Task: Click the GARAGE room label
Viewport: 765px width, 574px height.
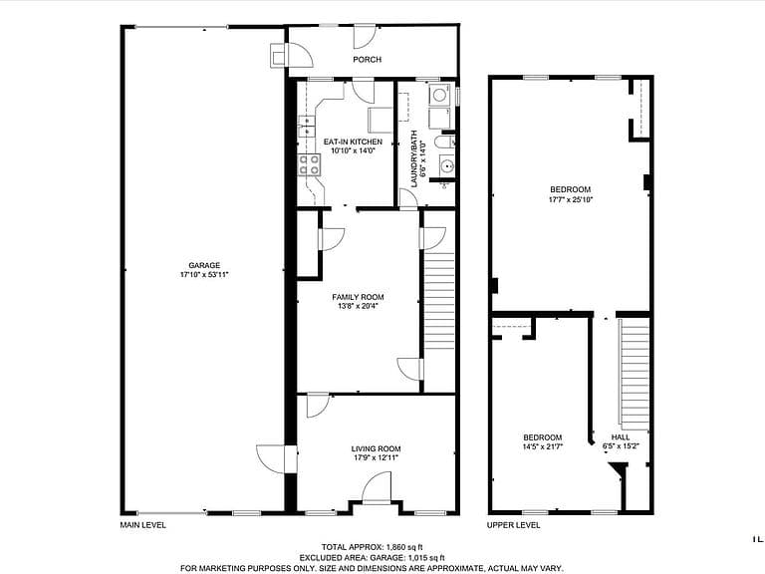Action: [204, 265]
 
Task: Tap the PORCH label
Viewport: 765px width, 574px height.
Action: [367, 60]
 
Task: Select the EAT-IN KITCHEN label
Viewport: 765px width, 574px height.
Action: [353, 143]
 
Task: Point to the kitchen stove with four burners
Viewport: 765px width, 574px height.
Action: [310, 164]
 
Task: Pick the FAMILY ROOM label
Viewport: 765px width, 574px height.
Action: [358, 297]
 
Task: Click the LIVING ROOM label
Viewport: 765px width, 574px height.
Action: [376, 449]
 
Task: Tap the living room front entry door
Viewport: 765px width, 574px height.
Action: [377, 487]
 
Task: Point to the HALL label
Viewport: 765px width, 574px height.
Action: [621, 437]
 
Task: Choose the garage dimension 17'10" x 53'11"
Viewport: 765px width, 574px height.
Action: [204, 275]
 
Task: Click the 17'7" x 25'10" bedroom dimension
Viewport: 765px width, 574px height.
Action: [571, 199]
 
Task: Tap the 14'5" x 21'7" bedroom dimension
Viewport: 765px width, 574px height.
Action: [543, 446]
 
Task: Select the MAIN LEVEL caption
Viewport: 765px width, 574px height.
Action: [143, 525]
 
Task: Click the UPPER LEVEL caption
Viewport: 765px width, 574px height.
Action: [513, 525]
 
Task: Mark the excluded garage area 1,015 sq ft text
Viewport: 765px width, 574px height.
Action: [372, 557]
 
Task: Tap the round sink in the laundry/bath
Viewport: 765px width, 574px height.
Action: [446, 167]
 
